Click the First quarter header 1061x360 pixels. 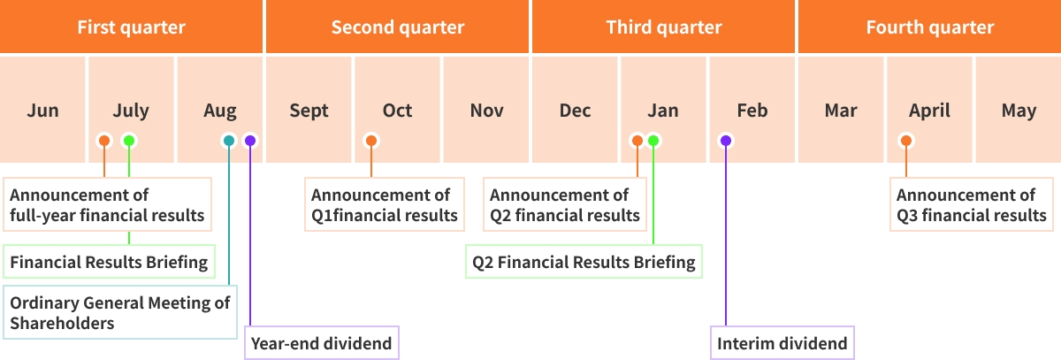tap(131, 27)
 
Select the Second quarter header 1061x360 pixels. tap(397, 27)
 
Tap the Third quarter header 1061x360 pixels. tap(663, 27)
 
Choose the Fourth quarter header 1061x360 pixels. tap(929, 27)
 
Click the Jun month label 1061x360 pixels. tap(42, 111)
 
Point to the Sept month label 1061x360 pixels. tap(309, 111)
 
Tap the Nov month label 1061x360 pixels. tap(486, 111)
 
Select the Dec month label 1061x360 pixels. tap(575, 111)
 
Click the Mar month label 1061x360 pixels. tap(841, 111)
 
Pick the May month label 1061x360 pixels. tap(1019, 111)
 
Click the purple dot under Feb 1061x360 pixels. tap(726, 141)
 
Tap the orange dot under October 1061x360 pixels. tap(371, 141)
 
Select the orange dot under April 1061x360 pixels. tap(905, 141)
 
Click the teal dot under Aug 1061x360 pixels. tap(229, 141)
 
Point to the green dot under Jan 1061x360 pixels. tap(653, 141)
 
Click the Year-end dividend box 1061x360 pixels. tap(321, 343)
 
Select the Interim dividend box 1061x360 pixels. tap(782, 343)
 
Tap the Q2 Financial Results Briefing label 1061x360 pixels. tap(584, 262)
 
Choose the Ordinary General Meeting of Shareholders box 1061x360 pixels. tap(119, 312)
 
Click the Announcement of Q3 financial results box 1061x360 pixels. tap(971, 205)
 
